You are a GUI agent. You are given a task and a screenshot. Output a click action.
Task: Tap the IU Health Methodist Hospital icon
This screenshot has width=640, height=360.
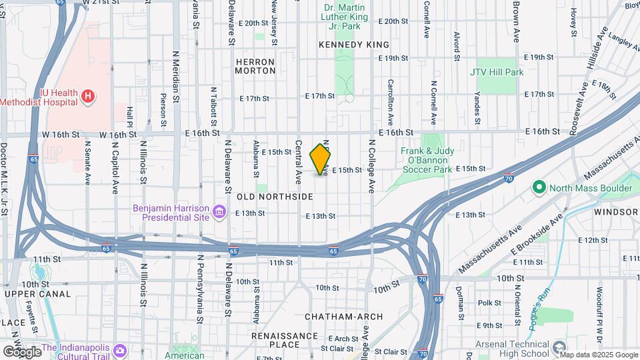click(x=87, y=97)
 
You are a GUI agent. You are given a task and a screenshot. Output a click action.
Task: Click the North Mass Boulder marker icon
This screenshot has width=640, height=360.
click(x=539, y=188)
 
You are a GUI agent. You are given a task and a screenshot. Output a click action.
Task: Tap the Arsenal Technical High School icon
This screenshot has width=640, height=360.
click(x=560, y=345)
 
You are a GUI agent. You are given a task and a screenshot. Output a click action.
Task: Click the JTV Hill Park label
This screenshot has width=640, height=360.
click(x=496, y=72)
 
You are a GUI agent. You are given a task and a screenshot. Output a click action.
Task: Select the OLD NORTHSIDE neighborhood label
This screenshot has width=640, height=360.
click(x=275, y=197)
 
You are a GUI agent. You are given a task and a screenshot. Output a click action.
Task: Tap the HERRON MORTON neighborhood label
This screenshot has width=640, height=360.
click(x=255, y=65)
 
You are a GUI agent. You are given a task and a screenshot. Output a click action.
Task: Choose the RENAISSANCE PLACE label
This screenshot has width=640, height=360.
click(x=285, y=340)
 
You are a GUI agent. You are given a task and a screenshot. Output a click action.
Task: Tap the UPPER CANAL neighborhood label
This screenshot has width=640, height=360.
click(x=37, y=294)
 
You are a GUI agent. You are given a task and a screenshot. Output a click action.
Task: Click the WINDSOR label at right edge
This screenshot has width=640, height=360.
click(x=617, y=212)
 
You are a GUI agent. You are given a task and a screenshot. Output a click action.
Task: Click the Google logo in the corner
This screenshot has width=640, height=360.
click(x=22, y=351)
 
